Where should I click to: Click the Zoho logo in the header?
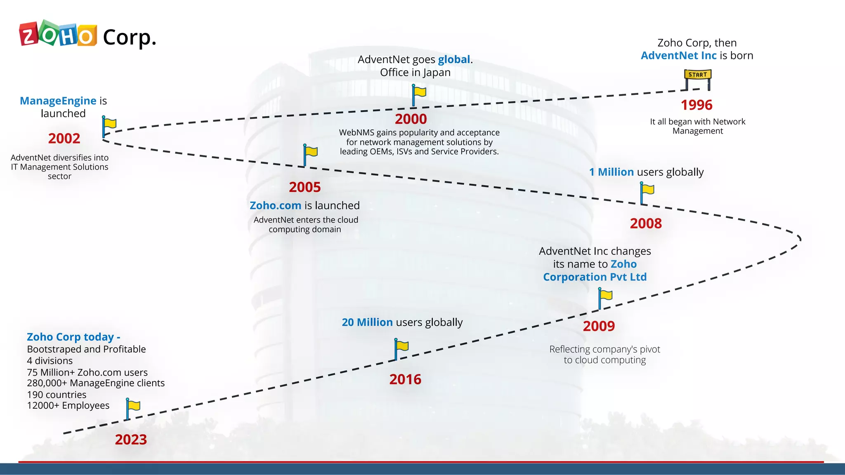click(58, 33)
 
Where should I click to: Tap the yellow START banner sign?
click(698, 75)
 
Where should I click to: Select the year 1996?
click(696, 105)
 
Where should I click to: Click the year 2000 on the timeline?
click(411, 119)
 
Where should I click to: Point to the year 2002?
click(64, 139)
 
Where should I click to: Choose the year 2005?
click(304, 187)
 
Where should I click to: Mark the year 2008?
click(646, 223)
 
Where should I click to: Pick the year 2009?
click(599, 326)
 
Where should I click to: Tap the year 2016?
click(405, 379)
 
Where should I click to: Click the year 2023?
click(131, 440)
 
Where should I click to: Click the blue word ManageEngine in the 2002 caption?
click(58, 101)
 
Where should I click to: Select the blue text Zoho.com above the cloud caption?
click(275, 206)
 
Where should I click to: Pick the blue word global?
click(454, 60)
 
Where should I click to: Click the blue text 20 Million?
click(367, 322)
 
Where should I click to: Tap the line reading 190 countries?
click(57, 395)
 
